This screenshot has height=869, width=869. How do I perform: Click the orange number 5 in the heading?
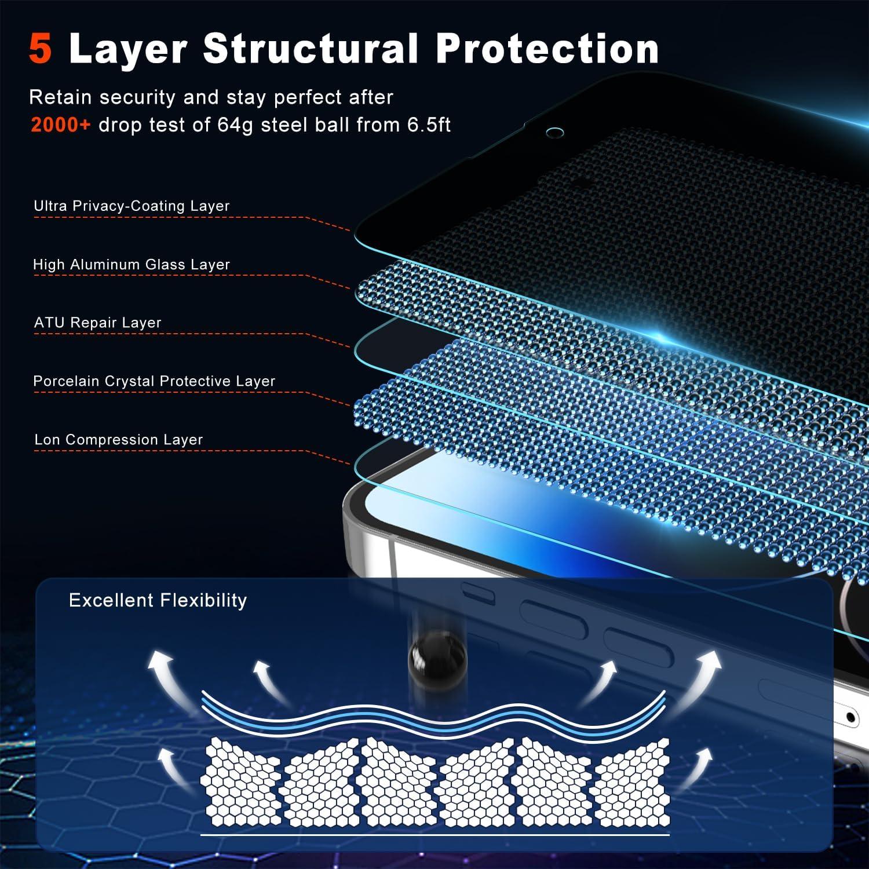coord(41,49)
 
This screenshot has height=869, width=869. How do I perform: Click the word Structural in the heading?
coord(310,49)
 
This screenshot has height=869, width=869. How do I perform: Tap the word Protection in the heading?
coord(547,49)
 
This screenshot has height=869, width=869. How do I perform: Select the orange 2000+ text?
coord(61,125)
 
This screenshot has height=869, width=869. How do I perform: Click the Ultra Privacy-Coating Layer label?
coord(132,206)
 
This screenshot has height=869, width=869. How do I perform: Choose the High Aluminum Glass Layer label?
coord(132,265)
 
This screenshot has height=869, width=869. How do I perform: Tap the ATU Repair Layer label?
coord(97,323)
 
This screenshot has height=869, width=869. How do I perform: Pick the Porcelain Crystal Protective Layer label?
coord(154,381)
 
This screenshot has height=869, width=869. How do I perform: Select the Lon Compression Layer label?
coord(118,440)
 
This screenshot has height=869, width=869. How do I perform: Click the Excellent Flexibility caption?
coord(158,600)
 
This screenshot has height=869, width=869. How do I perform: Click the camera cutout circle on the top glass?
coord(554,133)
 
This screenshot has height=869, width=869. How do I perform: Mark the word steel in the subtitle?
coord(283,125)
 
